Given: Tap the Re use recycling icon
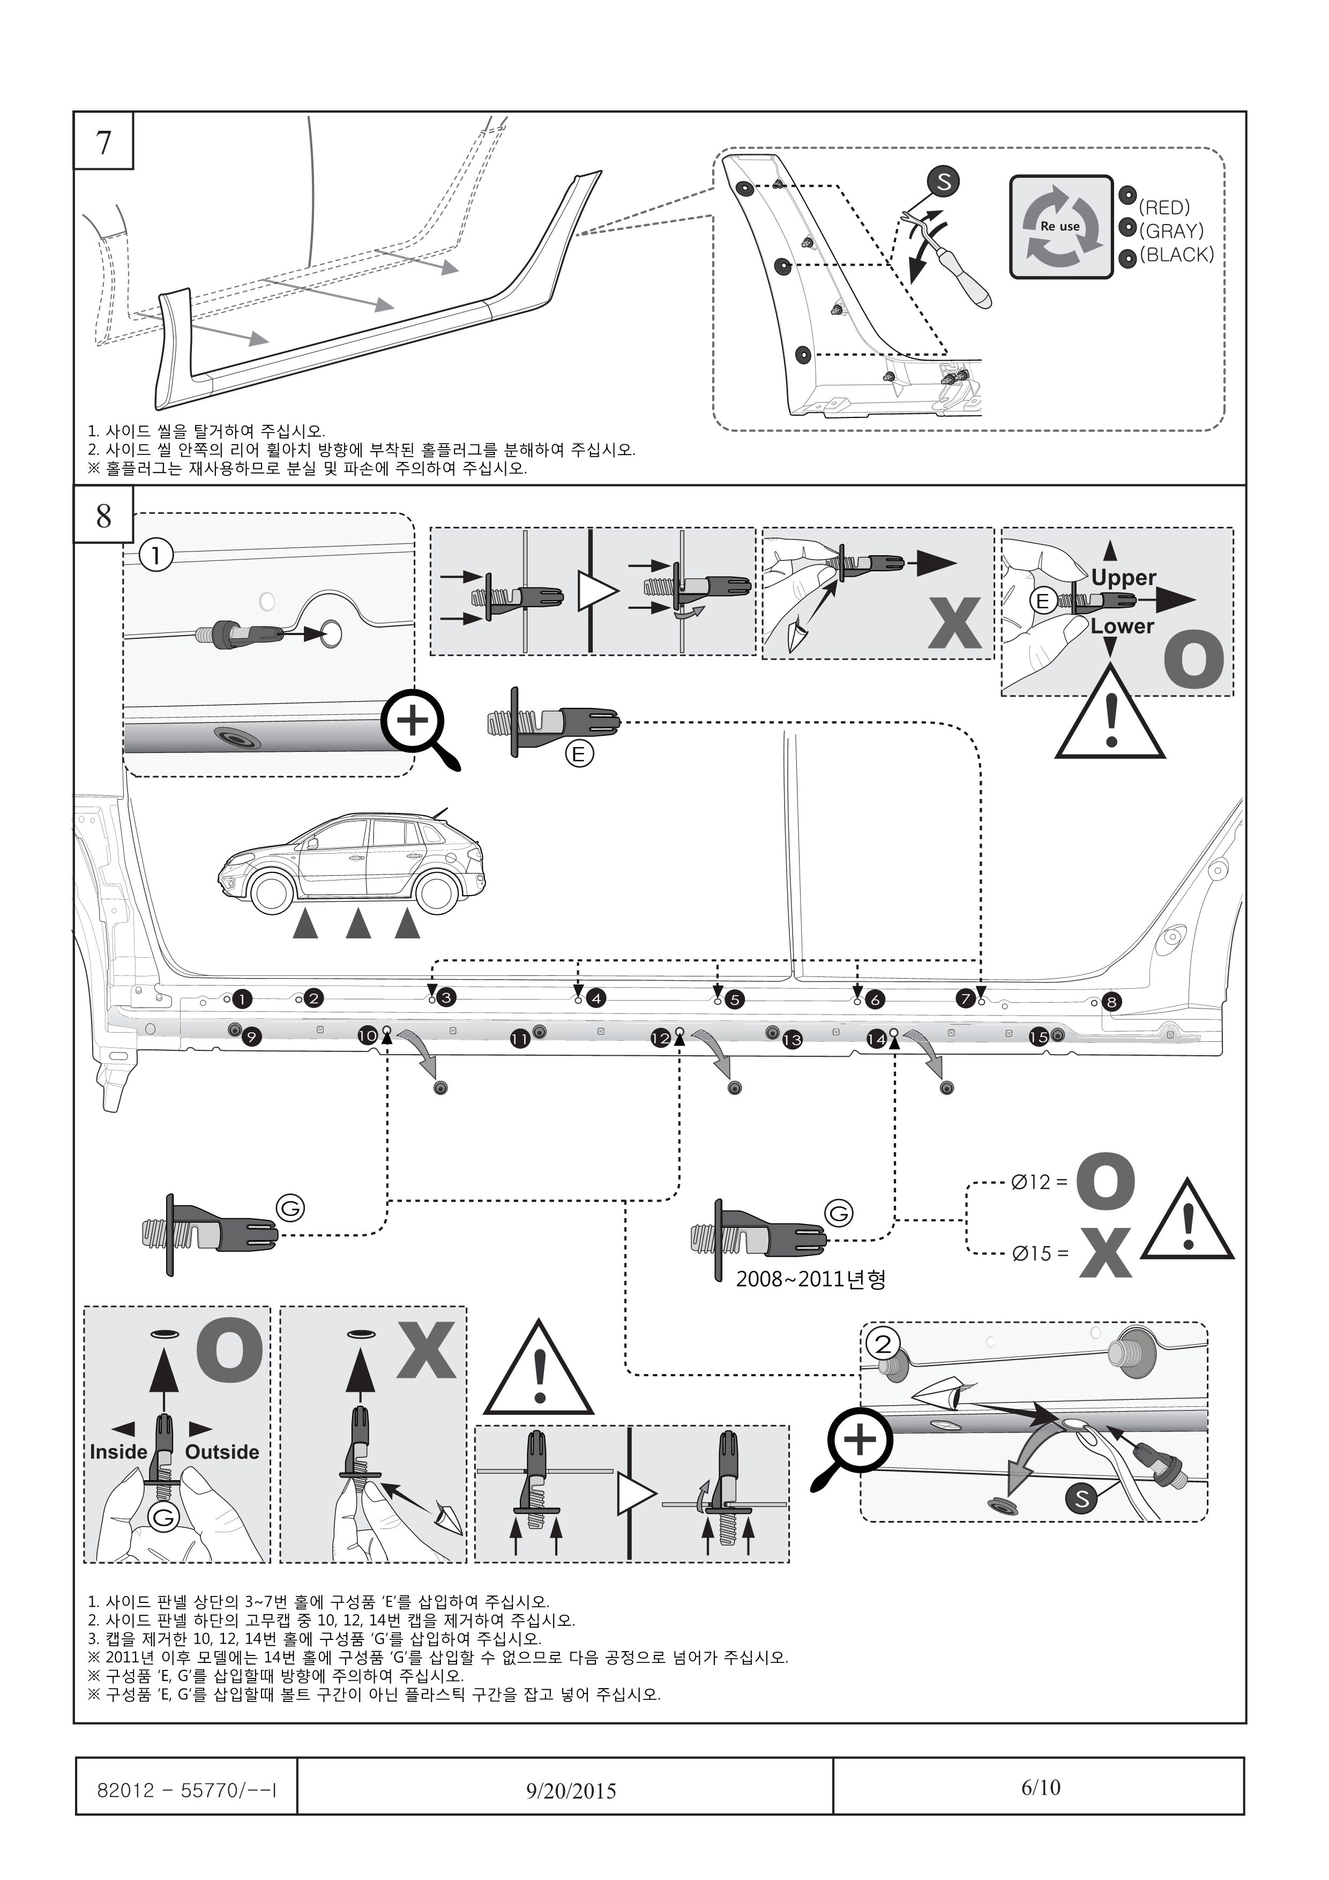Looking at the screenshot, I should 1061,226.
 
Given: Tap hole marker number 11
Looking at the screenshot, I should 519,1039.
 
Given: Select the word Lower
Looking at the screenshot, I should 1122,626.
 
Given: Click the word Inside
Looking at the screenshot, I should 118,1452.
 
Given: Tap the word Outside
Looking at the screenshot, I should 222,1452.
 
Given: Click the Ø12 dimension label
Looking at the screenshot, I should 1039,1182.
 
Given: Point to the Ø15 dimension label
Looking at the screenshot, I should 1039,1254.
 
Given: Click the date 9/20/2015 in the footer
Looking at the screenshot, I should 571,1791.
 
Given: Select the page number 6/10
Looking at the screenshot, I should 1040,1787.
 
